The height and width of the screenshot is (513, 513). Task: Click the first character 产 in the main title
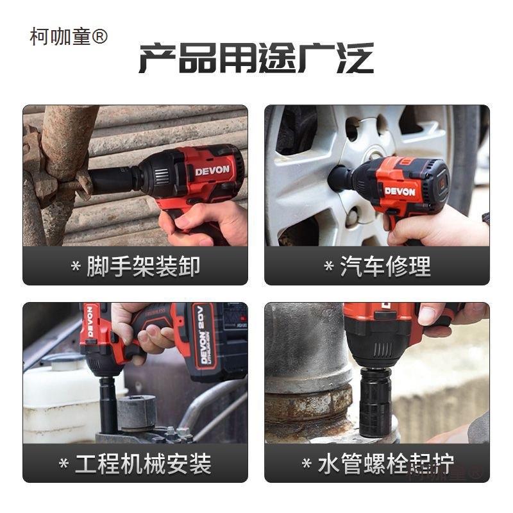[x=157, y=59]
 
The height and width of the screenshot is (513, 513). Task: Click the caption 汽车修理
[x=385, y=266]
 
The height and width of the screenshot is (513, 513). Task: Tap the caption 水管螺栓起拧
[x=385, y=464]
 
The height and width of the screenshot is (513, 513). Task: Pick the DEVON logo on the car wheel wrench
[x=399, y=190]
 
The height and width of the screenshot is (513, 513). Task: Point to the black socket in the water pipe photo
[x=375, y=401]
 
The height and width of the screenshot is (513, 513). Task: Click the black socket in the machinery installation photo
[x=108, y=404]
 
